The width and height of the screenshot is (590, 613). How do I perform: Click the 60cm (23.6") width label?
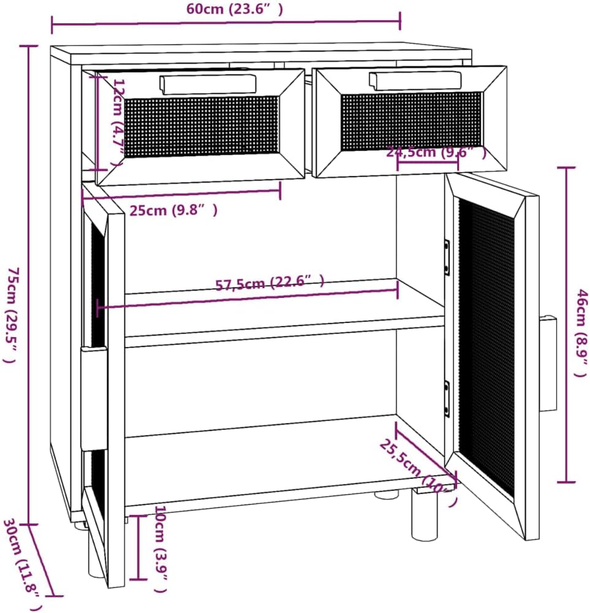tap(226, 9)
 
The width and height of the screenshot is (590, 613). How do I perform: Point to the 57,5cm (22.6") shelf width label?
tap(269, 283)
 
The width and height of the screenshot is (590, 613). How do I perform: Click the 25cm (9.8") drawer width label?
tap(173, 210)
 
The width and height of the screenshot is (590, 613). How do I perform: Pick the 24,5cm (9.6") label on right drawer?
tap(436, 153)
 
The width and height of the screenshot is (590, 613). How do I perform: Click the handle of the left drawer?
tap(207, 84)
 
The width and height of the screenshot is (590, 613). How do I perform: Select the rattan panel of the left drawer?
tap(201, 126)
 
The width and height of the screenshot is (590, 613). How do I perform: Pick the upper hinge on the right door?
tap(447, 257)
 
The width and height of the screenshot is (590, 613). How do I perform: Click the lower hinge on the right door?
tap(447, 398)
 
